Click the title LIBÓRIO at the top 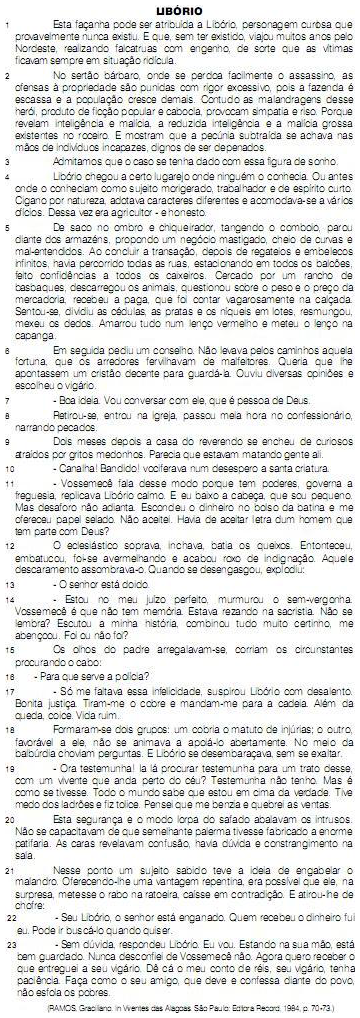(180, 7)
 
